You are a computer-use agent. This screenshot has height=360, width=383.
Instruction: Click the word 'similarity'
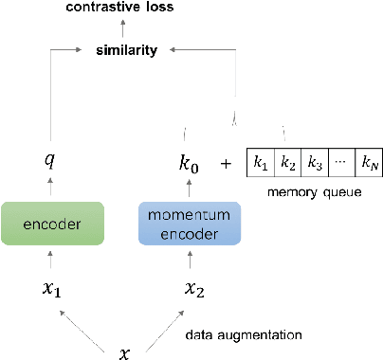pos(126,49)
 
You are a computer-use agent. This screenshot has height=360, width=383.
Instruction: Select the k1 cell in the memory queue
pos(260,162)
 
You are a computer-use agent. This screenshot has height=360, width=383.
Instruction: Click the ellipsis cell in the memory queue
pos(341,162)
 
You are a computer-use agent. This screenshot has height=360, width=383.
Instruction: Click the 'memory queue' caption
pos(314,192)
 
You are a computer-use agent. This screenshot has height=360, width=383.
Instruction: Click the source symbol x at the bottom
pos(123,353)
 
